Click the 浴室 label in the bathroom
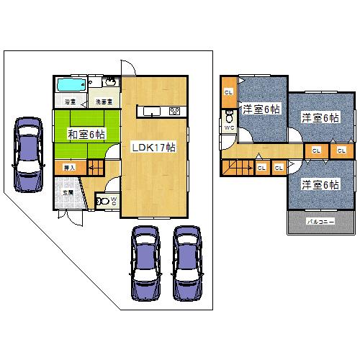(71, 102)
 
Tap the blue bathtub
(70, 84)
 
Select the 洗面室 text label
(103, 102)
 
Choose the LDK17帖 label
(153, 147)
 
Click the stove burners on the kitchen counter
(174, 111)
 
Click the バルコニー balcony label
(320, 222)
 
